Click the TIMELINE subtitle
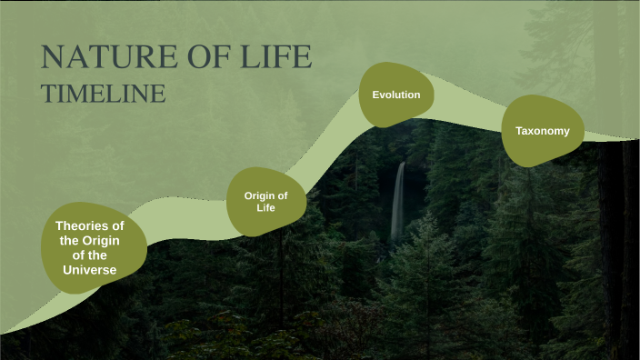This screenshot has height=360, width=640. tap(103, 93)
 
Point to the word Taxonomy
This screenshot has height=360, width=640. tap(543, 131)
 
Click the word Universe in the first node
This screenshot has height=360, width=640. tap(90, 269)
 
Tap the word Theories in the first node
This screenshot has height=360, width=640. tap(90, 225)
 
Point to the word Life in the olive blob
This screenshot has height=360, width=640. tap(265, 208)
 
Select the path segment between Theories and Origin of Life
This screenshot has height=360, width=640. tap(182, 223)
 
